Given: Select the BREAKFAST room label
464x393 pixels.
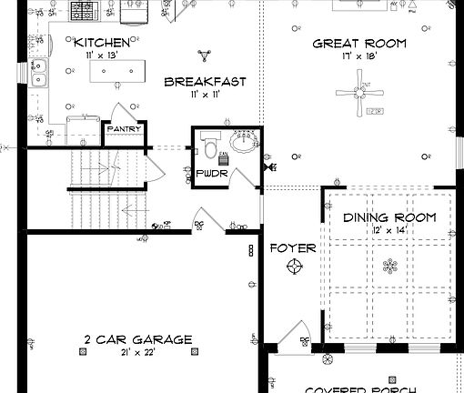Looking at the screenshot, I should (x=205, y=82).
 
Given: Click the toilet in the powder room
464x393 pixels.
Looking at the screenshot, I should (x=208, y=146).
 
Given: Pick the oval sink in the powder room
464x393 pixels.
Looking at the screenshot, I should (x=243, y=143).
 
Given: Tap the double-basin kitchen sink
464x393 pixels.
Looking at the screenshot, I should (x=39, y=74).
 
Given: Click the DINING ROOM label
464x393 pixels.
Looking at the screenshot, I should (x=389, y=217).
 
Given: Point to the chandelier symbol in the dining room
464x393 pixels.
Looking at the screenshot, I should (x=390, y=267).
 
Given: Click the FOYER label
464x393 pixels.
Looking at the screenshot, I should (x=293, y=247).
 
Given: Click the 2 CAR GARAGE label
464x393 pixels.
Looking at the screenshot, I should (x=138, y=339).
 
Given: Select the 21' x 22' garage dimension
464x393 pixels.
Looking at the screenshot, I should (x=137, y=352).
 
